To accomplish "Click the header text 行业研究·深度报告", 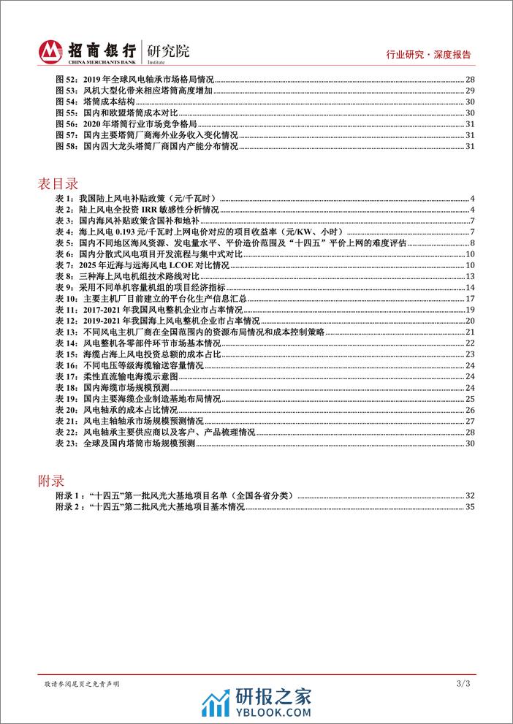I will click(x=427, y=55).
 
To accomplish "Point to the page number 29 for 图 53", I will click(x=471, y=90).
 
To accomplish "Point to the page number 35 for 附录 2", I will click(x=471, y=506).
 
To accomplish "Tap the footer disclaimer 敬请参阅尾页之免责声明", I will click(x=83, y=684).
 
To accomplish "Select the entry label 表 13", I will click(x=66, y=332).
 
